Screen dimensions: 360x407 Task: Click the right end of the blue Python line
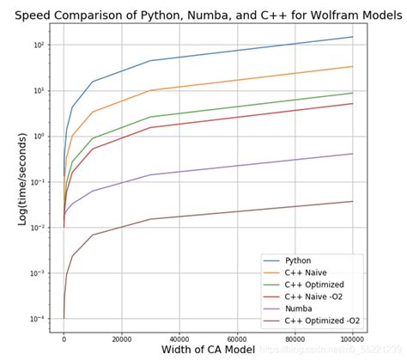click(353, 37)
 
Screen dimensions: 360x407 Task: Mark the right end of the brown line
click(353, 201)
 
